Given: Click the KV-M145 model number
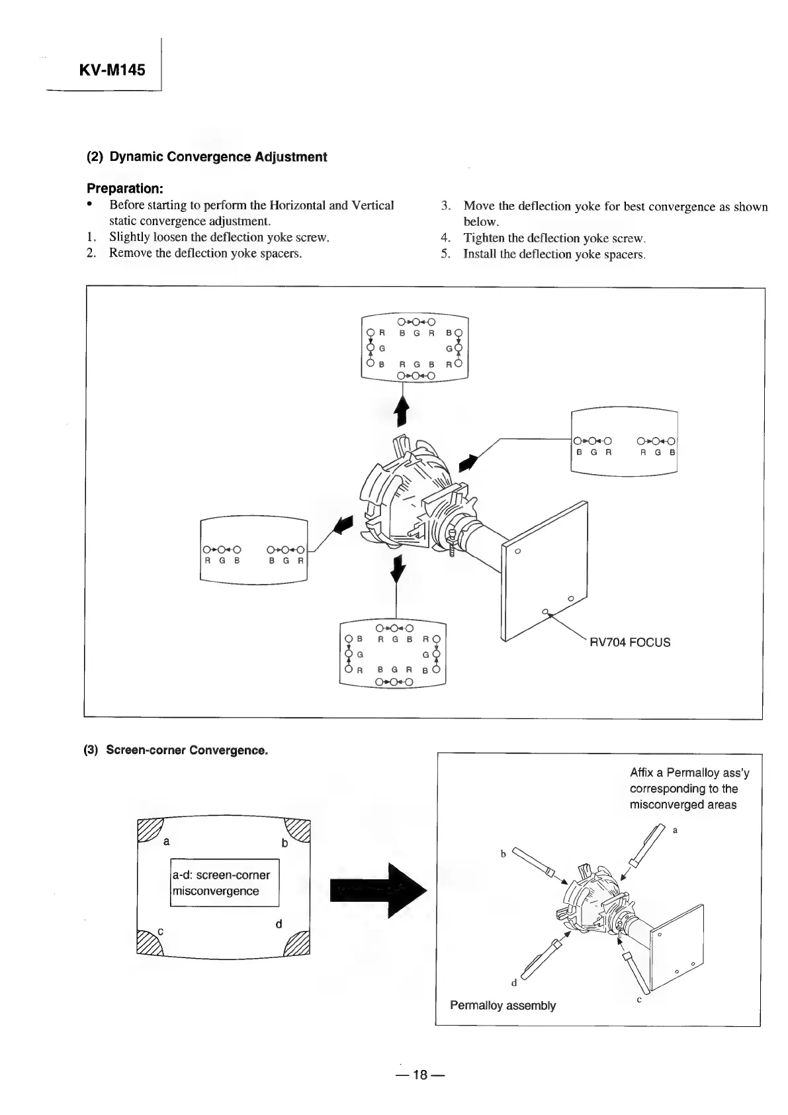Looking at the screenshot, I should point(112,70).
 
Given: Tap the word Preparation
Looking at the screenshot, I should point(125,189).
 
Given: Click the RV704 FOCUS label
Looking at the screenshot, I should point(631,642).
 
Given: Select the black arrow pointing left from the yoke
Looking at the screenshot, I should point(344,525).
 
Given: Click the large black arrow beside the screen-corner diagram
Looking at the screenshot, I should point(378,891).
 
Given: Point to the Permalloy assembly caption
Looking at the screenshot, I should point(502,1005).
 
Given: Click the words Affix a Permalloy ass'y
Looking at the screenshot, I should point(689,773).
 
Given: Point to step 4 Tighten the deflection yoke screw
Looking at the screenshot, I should point(554,238).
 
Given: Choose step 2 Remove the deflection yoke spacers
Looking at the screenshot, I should point(205,253).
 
